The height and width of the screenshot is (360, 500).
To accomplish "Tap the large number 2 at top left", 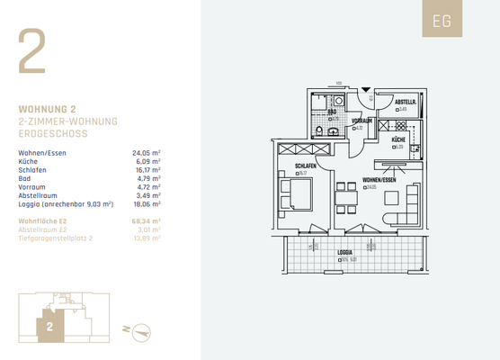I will point(33,53).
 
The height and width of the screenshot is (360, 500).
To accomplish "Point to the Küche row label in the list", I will point(30,161).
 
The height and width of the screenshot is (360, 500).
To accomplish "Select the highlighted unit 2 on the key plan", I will point(50,328).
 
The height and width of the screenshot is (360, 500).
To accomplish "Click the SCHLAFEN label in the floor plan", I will point(304,166).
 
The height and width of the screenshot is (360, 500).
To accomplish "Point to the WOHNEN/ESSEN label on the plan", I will point(379,180).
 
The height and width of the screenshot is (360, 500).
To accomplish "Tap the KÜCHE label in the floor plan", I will point(397,140).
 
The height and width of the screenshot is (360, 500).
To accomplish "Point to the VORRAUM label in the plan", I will point(362,121).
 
